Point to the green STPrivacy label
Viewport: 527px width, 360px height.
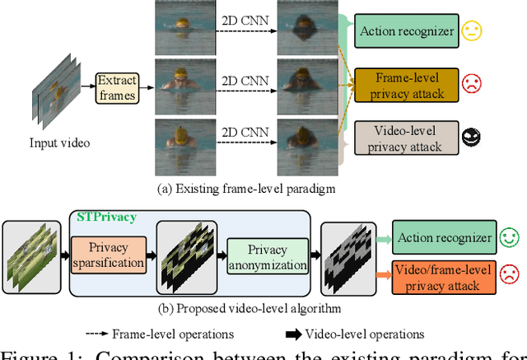click(107, 217)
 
